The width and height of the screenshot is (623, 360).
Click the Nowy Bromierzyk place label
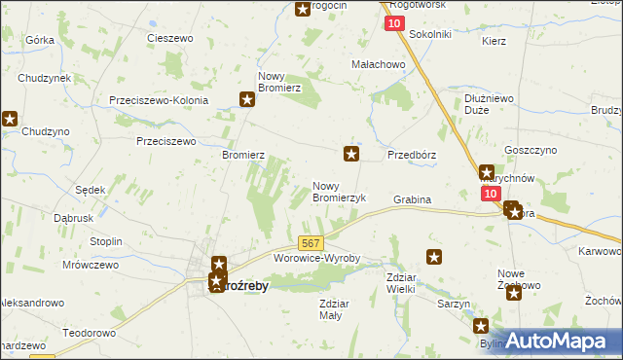point(339,191)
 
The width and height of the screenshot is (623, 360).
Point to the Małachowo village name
point(378,64)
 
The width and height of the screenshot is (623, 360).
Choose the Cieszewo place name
point(171,38)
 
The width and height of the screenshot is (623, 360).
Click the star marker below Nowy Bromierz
point(247,98)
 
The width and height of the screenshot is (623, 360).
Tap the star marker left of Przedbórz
point(351,154)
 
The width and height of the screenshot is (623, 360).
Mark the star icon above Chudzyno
point(10,120)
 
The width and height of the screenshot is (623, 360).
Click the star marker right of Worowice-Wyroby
point(434,257)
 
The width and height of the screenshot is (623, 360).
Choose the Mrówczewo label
point(90,264)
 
